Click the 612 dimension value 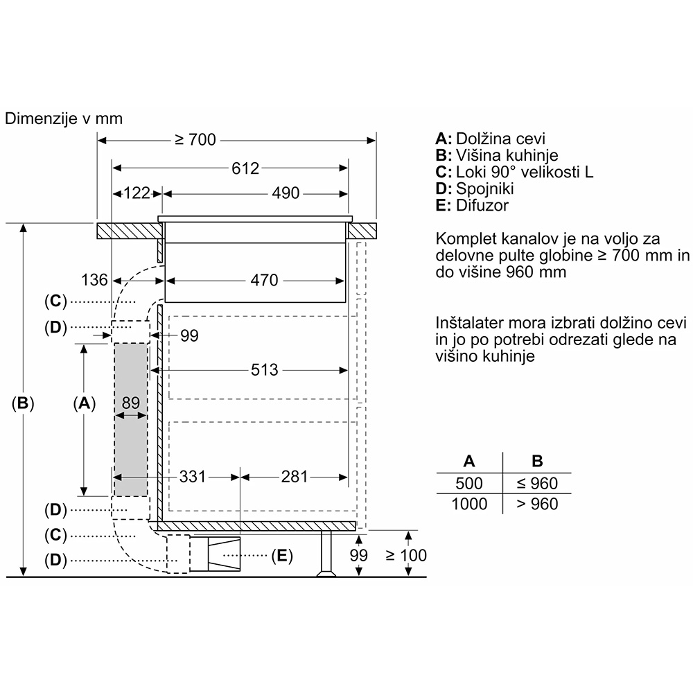(x=245, y=168)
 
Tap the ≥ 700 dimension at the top (x=195, y=140)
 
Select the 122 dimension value (x=137, y=193)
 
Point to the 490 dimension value (x=286, y=193)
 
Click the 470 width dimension (x=264, y=280)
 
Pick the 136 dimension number (x=94, y=280)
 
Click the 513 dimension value (x=264, y=370)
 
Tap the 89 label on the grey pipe (x=131, y=403)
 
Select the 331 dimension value (x=192, y=477)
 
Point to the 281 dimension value (x=295, y=477)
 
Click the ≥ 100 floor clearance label (x=406, y=555)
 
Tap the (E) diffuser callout (x=282, y=556)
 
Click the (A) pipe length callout (x=84, y=403)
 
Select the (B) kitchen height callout (x=23, y=403)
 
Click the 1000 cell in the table (x=469, y=504)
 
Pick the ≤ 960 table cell (x=537, y=484)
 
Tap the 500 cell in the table (x=469, y=484)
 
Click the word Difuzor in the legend (x=482, y=206)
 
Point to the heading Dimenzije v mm (x=64, y=119)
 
